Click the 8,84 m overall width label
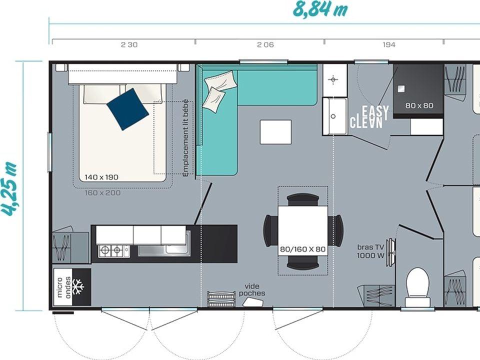point(320,9)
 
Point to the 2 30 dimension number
point(129,44)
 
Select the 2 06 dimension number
point(265,44)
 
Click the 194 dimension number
point(389,44)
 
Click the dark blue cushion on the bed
point(127,109)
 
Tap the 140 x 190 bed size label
point(101,177)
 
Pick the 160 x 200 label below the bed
point(102,193)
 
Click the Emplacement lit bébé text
point(185,138)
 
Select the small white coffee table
point(275,132)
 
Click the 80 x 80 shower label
point(419,105)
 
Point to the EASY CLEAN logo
point(370,117)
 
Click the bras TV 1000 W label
point(370,251)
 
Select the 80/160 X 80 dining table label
point(303,249)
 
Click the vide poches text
point(252,290)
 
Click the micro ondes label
point(63,287)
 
